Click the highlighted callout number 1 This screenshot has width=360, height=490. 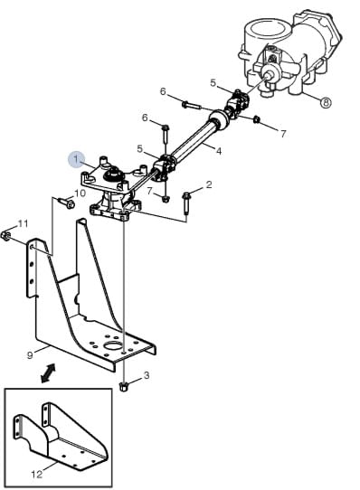[77, 159]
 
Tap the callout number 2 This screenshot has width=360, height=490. [209, 184]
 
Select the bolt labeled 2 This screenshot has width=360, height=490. [186, 203]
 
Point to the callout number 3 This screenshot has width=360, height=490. [147, 375]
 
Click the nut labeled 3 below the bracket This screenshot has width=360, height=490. [124, 387]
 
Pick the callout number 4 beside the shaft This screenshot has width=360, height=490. [219, 151]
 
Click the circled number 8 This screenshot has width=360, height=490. [326, 102]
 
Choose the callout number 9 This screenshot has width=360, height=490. [30, 355]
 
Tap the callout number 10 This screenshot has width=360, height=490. [81, 193]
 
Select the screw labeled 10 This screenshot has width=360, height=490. [67, 203]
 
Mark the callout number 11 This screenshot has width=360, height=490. [24, 223]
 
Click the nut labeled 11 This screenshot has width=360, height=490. [6, 236]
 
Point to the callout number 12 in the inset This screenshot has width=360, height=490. [36, 475]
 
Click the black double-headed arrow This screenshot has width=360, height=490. [48, 372]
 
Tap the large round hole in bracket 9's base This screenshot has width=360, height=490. [114, 345]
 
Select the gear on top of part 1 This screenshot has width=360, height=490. [113, 175]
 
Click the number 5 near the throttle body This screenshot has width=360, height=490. [213, 83]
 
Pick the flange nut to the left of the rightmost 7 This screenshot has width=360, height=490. [256, 119]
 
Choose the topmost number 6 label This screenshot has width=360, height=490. [163, 91]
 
